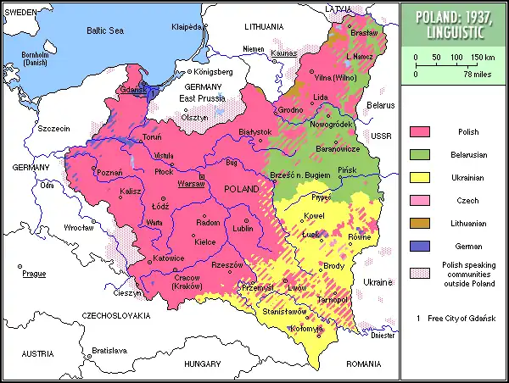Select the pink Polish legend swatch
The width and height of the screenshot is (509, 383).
pos(419,132)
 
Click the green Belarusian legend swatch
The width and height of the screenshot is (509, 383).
pos(419,155)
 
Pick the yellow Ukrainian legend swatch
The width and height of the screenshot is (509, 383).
pos(419,178)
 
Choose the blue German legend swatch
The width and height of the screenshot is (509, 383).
pos(419,247)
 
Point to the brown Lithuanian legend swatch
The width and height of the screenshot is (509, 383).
pos(419,224)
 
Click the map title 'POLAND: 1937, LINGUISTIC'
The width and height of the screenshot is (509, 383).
pos(455,24)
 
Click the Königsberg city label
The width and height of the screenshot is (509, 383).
pos(212,72)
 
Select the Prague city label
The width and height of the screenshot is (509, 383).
pos(34,274)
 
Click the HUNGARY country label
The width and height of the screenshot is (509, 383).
pos(203,364)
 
